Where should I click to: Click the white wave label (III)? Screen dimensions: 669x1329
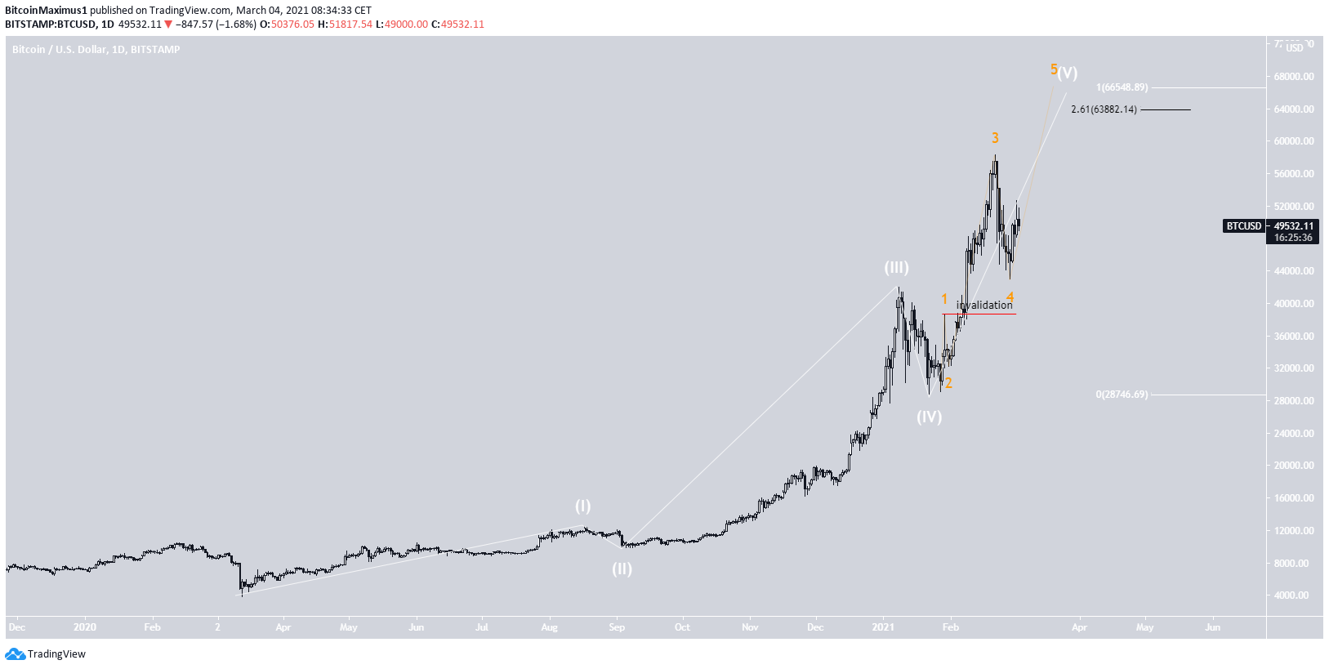(896, 267)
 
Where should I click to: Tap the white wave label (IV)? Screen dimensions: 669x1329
(929, 417)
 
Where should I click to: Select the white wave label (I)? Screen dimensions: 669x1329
(582, 506)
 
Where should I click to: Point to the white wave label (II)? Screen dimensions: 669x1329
(622, 569)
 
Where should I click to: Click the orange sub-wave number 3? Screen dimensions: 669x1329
(995, 138)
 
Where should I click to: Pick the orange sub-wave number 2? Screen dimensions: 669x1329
(948, 383)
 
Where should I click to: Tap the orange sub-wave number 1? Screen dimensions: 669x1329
(944, 299)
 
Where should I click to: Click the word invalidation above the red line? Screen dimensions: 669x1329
(984, 305)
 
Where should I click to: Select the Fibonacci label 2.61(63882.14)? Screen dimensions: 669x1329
(1104, 109)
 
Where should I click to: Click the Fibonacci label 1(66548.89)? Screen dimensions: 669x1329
(1122, 87)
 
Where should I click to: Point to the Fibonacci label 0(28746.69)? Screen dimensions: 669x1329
(1122, 395)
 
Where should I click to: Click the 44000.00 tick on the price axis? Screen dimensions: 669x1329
(1294, 271)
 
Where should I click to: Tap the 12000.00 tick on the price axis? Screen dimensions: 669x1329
(1294, 531)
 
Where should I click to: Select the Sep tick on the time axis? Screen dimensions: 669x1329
(617, 627)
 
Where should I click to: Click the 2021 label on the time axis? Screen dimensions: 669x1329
(883, 627)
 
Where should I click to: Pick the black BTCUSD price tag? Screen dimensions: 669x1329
(1243, 226)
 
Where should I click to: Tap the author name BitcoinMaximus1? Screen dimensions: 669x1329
(46, 11)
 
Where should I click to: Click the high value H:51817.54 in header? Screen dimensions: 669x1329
(345, 25)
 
